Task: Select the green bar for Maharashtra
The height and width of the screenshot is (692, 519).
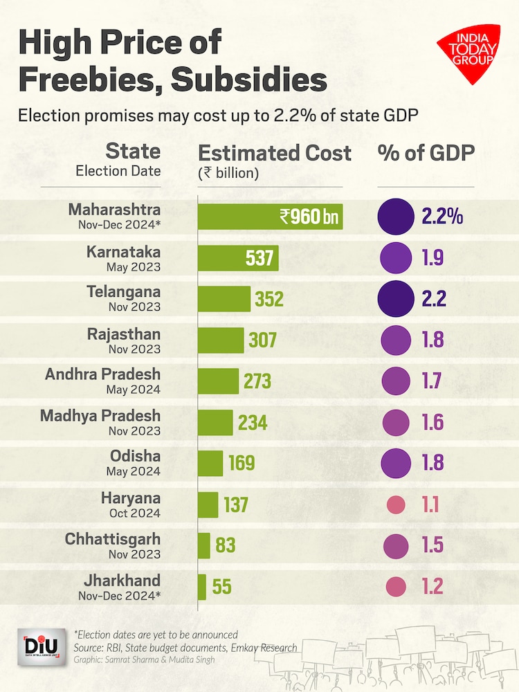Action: tap(270, 217)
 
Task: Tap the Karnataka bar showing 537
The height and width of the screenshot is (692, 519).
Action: tap(238, 257)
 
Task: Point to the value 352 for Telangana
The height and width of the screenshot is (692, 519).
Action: tap(269, 299)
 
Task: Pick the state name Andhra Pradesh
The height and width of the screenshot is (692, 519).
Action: tap(102, 374)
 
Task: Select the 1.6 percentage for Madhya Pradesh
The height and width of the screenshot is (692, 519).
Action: tap(432, 422)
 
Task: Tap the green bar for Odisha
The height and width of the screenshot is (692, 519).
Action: tap(210, 463)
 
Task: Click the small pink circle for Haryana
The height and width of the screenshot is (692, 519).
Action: tap(396, 504)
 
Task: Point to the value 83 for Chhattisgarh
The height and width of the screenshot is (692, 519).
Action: tap(226, 545)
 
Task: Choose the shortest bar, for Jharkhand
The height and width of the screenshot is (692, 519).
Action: tap(202, 587)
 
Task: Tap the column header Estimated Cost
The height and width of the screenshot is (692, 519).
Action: tap(275, 153)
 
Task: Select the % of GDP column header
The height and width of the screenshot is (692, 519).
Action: tap(426, 153)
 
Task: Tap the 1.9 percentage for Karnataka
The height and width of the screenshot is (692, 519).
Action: tap(432, 257)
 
